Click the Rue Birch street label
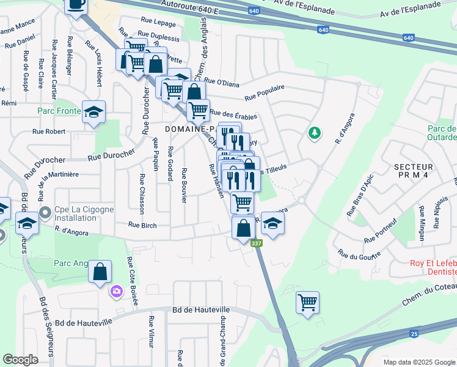(142, 225)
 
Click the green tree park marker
(315, 133)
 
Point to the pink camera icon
(116, 292)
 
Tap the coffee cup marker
(76, 6)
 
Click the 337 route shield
(255, 243)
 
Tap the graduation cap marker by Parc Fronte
(94, 113)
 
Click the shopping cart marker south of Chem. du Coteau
(307, 302)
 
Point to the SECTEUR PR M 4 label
(413, 171)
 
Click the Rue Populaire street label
(264, 92)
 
